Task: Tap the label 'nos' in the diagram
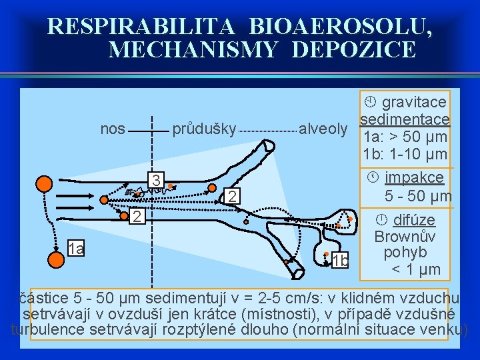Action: click(112, 129)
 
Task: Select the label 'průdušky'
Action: click(204, 129)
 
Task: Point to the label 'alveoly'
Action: click(323, 129)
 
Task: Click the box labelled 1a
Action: click(76, 249)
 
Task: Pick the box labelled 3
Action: click(155, 180)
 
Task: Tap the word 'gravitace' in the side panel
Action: click(414, 102)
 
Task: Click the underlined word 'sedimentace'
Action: click(405, 119)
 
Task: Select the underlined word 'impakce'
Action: click(414, 178)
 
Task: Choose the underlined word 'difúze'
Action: click(414, 220)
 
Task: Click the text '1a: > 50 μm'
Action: click(405, 137)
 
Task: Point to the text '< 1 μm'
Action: click(415, 269)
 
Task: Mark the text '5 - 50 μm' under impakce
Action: click(418, 196)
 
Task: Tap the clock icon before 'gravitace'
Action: click(371, 102)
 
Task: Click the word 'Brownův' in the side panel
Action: click(405, 237)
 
